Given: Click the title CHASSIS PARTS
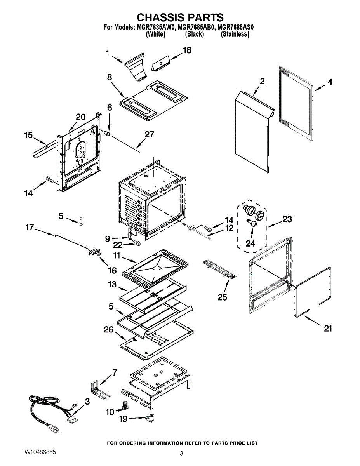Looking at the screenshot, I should [180, 17].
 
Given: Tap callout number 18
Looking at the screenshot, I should [187, 50].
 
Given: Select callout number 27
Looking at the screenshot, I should [149, 135].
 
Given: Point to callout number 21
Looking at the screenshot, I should [328, 329].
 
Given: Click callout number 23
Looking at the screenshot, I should [287, 219].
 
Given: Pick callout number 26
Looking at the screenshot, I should [108, 330].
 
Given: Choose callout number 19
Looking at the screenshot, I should [123, 419].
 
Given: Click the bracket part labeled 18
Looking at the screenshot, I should [160, 63].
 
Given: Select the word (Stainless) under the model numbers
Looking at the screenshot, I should [235, 34].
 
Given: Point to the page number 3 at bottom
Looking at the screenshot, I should [181, 454].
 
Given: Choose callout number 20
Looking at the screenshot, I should [80, 117].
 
